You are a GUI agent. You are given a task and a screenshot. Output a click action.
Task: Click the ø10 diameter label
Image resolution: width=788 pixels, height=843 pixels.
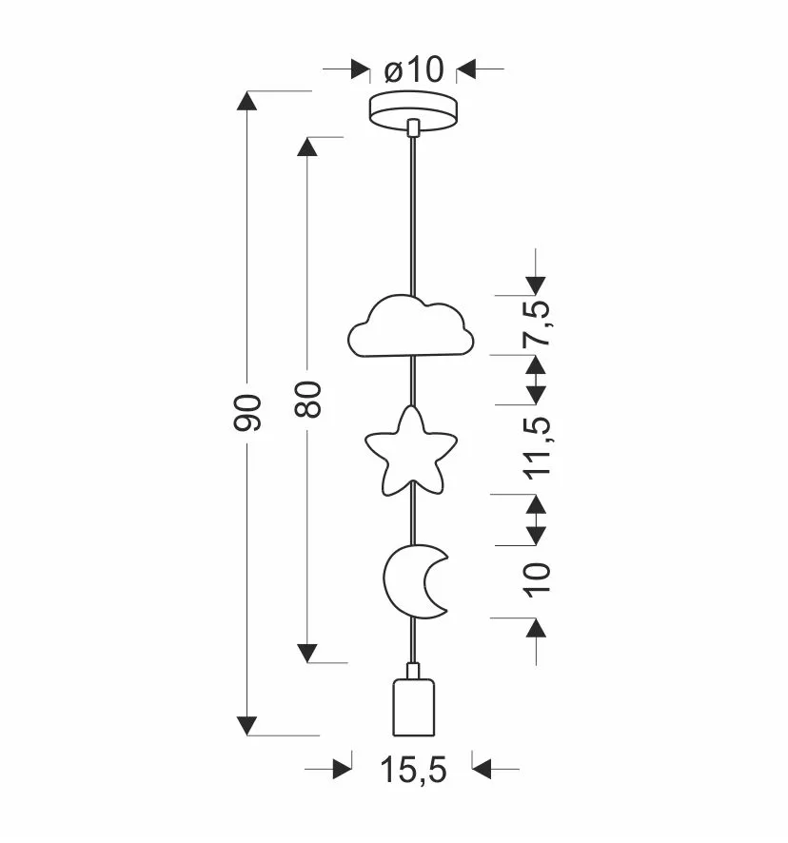[x=414, y=69]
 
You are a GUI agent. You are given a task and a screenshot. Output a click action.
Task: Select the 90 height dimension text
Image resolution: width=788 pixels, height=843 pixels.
[x=247, y=412]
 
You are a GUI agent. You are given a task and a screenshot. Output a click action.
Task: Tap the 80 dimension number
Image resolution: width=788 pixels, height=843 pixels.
[x=308, y=399]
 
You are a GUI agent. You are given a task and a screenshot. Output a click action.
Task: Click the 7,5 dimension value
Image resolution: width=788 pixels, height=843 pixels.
[x=537, y=323]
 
